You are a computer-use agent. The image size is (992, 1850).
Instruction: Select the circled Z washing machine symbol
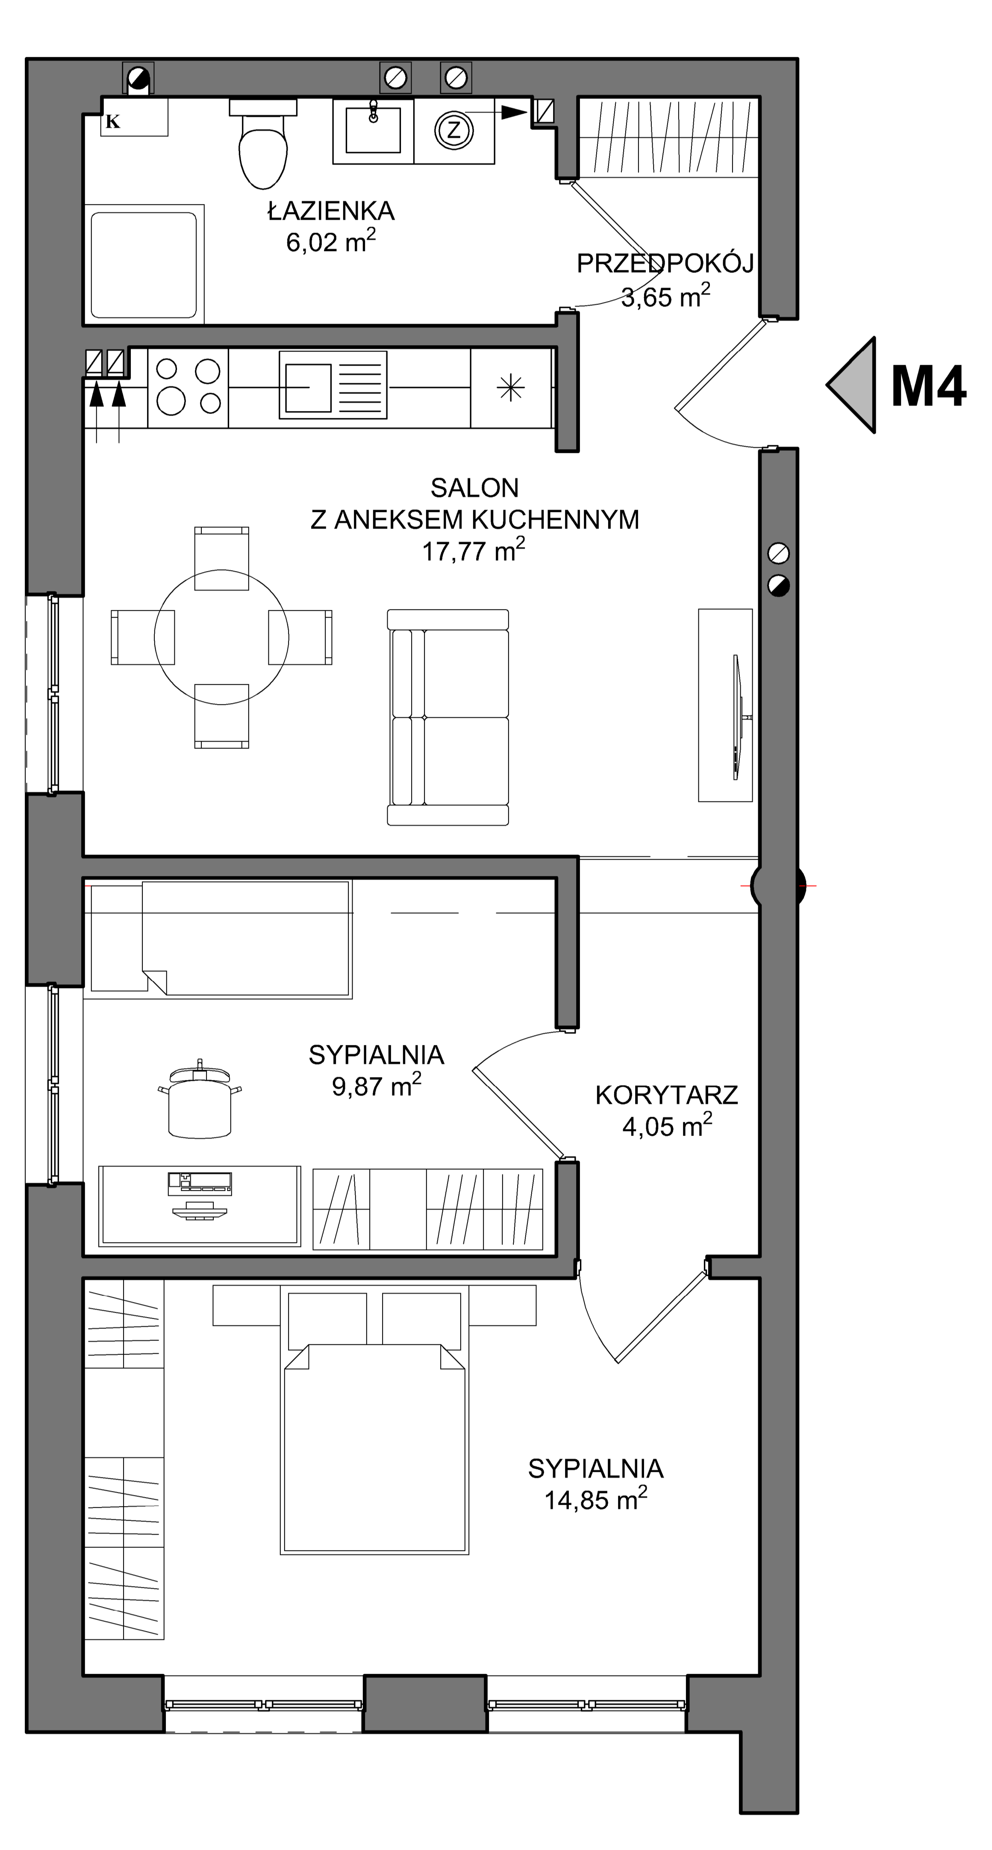453,130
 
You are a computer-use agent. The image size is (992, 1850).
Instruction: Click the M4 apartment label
928,386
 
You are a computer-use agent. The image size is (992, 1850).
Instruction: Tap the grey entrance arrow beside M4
852,385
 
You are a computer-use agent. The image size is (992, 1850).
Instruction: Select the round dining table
222,637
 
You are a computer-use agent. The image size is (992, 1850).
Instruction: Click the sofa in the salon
448,717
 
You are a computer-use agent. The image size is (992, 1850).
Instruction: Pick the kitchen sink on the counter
333,386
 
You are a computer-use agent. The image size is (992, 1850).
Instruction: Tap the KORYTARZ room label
667,1095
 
